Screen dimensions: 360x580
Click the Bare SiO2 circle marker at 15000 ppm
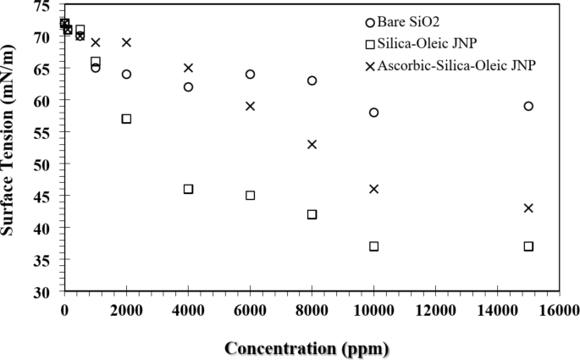[x=528, y=106]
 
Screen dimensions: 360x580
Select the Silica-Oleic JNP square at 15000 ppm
[x=528, y=246]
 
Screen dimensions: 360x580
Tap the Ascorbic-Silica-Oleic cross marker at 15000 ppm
[x=528, y=208]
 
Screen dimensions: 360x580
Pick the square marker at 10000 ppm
[x=373, y=246]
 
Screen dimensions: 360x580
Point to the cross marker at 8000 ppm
[x=312, y=144]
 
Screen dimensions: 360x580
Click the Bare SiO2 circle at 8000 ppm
[x=312, y=80]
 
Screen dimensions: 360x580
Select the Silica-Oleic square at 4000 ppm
[x=188, y=189]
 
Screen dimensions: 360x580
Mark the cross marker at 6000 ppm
[x=250, y=106]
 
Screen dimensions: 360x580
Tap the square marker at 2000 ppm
[x=126, y=119]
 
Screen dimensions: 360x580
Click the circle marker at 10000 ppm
[x=373, y=113]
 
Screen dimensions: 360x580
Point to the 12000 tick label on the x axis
[x=435, y=309]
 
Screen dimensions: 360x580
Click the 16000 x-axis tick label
[x=559, y=309]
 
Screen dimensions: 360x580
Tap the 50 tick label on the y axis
[x=41, y=163]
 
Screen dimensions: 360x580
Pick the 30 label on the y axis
[x=41, y=291]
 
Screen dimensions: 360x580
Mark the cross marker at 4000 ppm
[x=188, y=68]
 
